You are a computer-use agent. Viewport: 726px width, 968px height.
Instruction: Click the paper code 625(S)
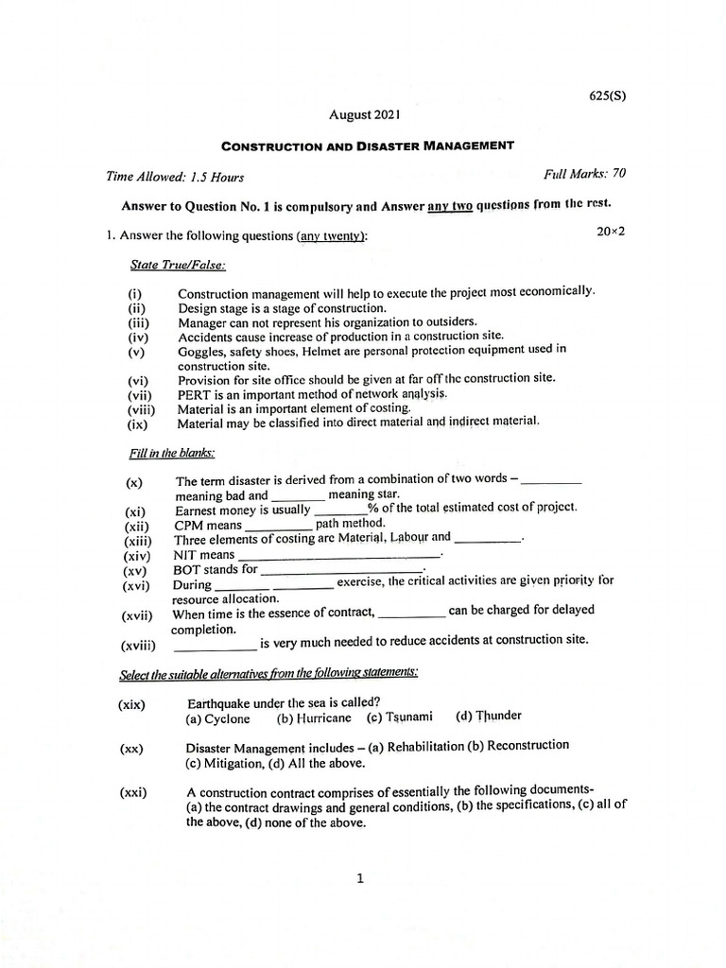coord(601,96)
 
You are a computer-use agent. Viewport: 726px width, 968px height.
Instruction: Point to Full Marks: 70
coord(584,174)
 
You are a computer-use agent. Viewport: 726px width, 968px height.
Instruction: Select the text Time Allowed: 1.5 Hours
coord(175,177)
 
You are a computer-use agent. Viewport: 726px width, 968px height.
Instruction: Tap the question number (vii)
coord(140,395)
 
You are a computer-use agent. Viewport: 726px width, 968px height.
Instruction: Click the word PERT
coord(193,393)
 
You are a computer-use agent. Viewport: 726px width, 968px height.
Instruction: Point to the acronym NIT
coord(188,555)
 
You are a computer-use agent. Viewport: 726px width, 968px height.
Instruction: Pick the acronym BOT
coord(188,570)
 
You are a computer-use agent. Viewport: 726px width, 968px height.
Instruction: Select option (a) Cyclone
coord(218,718)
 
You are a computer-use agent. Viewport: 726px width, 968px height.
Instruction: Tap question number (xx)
coord(131,749)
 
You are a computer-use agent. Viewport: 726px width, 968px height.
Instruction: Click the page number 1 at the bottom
coord(360,879)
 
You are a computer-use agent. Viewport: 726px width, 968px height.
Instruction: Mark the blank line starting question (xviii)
coord(216,648)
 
